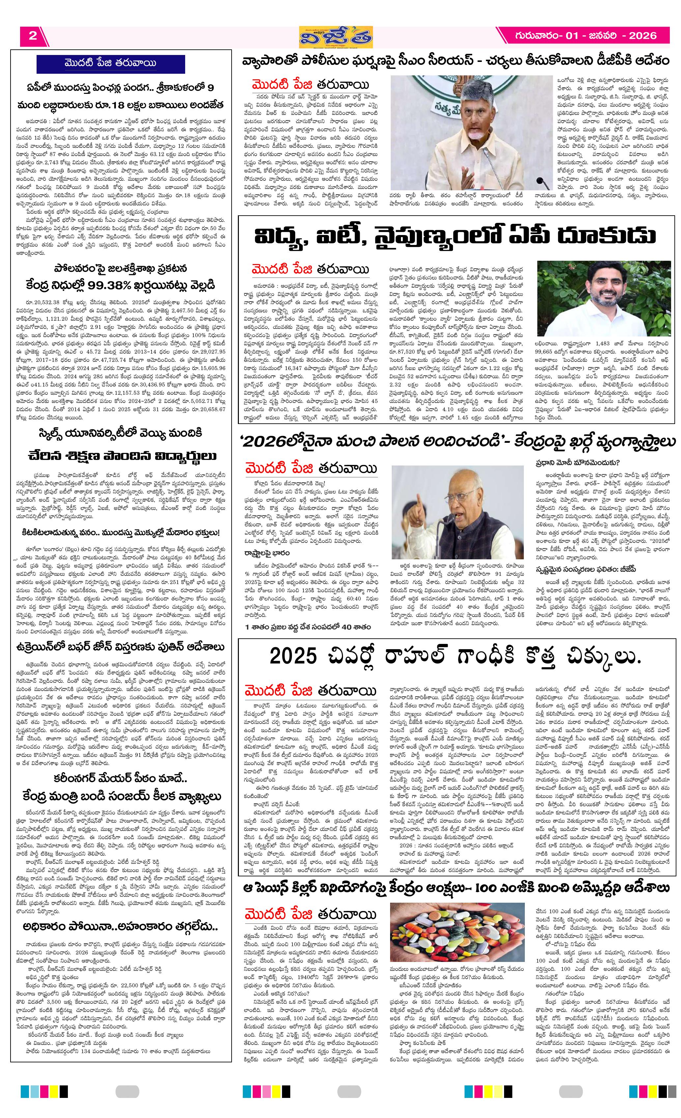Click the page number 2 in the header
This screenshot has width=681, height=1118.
(x=32, y=36)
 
